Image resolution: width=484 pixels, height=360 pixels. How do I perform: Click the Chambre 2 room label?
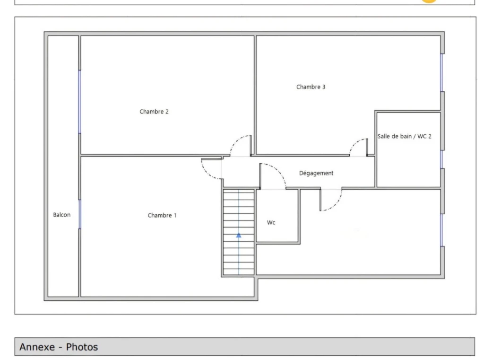[154, 112]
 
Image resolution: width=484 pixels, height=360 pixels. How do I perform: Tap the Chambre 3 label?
[311, 87]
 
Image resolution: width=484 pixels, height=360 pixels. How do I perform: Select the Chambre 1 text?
[162, 215]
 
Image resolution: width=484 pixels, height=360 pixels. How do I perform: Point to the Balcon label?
[62, 215]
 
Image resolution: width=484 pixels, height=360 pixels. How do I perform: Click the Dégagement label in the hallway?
[316, 173]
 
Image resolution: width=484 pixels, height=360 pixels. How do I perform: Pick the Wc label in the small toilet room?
[271, 222]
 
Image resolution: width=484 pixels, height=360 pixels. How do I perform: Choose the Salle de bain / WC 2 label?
[405, 136]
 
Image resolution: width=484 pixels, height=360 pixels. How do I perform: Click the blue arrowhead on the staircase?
[239, 236]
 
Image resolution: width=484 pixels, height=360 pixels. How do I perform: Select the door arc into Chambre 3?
[354, 143]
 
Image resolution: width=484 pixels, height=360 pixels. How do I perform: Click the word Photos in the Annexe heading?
[82, 347]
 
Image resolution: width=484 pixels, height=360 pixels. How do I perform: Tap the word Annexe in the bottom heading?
[37, 347]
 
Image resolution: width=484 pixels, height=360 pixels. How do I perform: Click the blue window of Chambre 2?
[79, 102]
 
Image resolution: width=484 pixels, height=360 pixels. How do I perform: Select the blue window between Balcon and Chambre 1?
[79, 214]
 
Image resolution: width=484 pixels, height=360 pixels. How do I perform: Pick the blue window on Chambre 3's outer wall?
[442, 73]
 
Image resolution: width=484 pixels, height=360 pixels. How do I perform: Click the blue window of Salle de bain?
[442, 159]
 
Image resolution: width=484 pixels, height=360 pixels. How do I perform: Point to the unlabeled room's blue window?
[442, 230]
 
